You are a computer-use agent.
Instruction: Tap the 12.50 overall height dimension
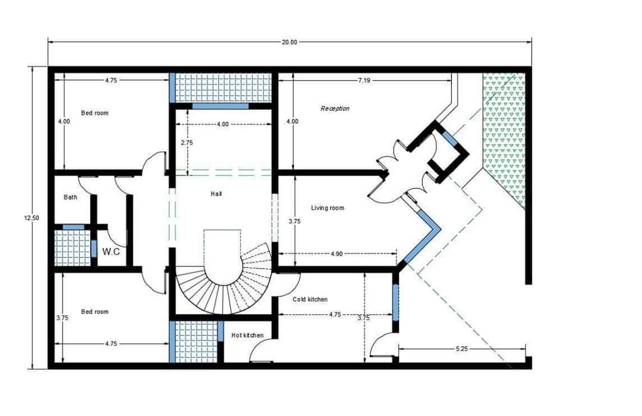32,218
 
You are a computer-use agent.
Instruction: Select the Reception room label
335,108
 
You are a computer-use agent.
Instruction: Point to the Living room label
328,208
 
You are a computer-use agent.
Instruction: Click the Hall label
216,193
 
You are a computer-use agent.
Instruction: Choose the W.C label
111,252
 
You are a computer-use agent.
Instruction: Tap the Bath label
70,197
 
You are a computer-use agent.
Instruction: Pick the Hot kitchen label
247,335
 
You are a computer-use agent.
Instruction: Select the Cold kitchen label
310,299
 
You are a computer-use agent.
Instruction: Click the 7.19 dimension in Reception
364,80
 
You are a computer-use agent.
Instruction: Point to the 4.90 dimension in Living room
336,254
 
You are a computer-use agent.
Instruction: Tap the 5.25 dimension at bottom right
461,349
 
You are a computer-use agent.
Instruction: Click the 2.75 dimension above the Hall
187,143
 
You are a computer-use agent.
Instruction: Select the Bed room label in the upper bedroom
95,112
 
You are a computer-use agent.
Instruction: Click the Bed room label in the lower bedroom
95,311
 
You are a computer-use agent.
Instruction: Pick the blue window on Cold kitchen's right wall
395,302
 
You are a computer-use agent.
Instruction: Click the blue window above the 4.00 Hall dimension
221,106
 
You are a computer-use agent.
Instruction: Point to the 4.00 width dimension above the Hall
222,124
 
